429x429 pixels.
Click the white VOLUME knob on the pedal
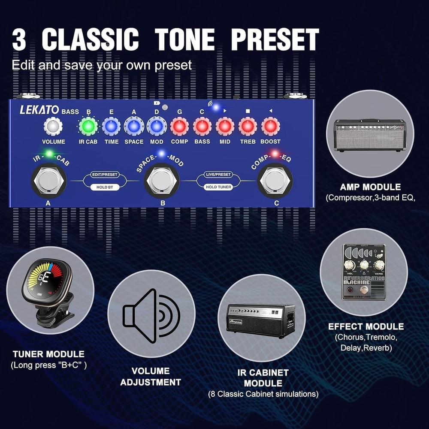click(x=53, y=127)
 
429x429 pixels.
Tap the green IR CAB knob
click(x=88, y=127)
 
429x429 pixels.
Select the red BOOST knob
click(x=270, y=127)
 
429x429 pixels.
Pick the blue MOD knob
click(x=157, y=127)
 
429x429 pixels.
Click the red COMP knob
click(x=179, y=127)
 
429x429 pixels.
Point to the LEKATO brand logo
click(x=39, y=110)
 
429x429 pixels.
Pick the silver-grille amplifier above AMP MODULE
click(x=370, y=134)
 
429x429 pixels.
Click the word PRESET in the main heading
click(x=275, y=39)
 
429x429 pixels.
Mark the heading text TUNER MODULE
click(x=48, y=354)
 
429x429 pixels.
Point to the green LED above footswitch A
click(x=49, y=153)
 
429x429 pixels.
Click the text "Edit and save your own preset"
click(x=102, y=66)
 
